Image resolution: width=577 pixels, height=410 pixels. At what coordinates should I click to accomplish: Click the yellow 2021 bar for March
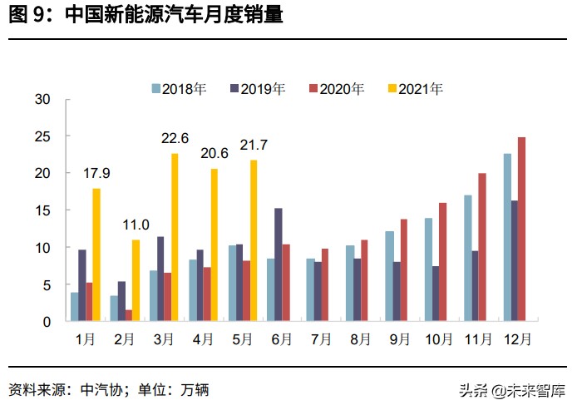click(175, 237)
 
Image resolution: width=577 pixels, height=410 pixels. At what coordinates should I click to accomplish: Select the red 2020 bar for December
click(521, 229)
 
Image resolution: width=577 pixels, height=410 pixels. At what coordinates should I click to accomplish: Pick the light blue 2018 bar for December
click(507, 237)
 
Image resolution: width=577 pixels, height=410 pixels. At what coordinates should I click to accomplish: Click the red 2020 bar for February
click(129, 315)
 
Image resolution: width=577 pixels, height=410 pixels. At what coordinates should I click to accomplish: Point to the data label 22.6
click(175, 138)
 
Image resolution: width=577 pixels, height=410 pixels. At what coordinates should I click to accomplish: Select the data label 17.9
click(97, 173)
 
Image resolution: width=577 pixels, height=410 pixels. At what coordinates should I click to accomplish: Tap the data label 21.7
click(254, 145)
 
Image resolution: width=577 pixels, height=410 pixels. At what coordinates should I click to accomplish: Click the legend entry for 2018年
click(178, 89)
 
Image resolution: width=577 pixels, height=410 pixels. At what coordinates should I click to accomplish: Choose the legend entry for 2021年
click(415, 89)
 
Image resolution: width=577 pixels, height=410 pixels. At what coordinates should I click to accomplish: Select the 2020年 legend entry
click(336, 89)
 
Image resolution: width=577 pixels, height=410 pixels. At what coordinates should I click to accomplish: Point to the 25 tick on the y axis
click(43, 136)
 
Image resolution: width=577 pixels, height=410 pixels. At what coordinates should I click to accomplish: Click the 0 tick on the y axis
click(47, 322)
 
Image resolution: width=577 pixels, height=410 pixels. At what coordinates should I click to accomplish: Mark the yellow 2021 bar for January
click(96, 254)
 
